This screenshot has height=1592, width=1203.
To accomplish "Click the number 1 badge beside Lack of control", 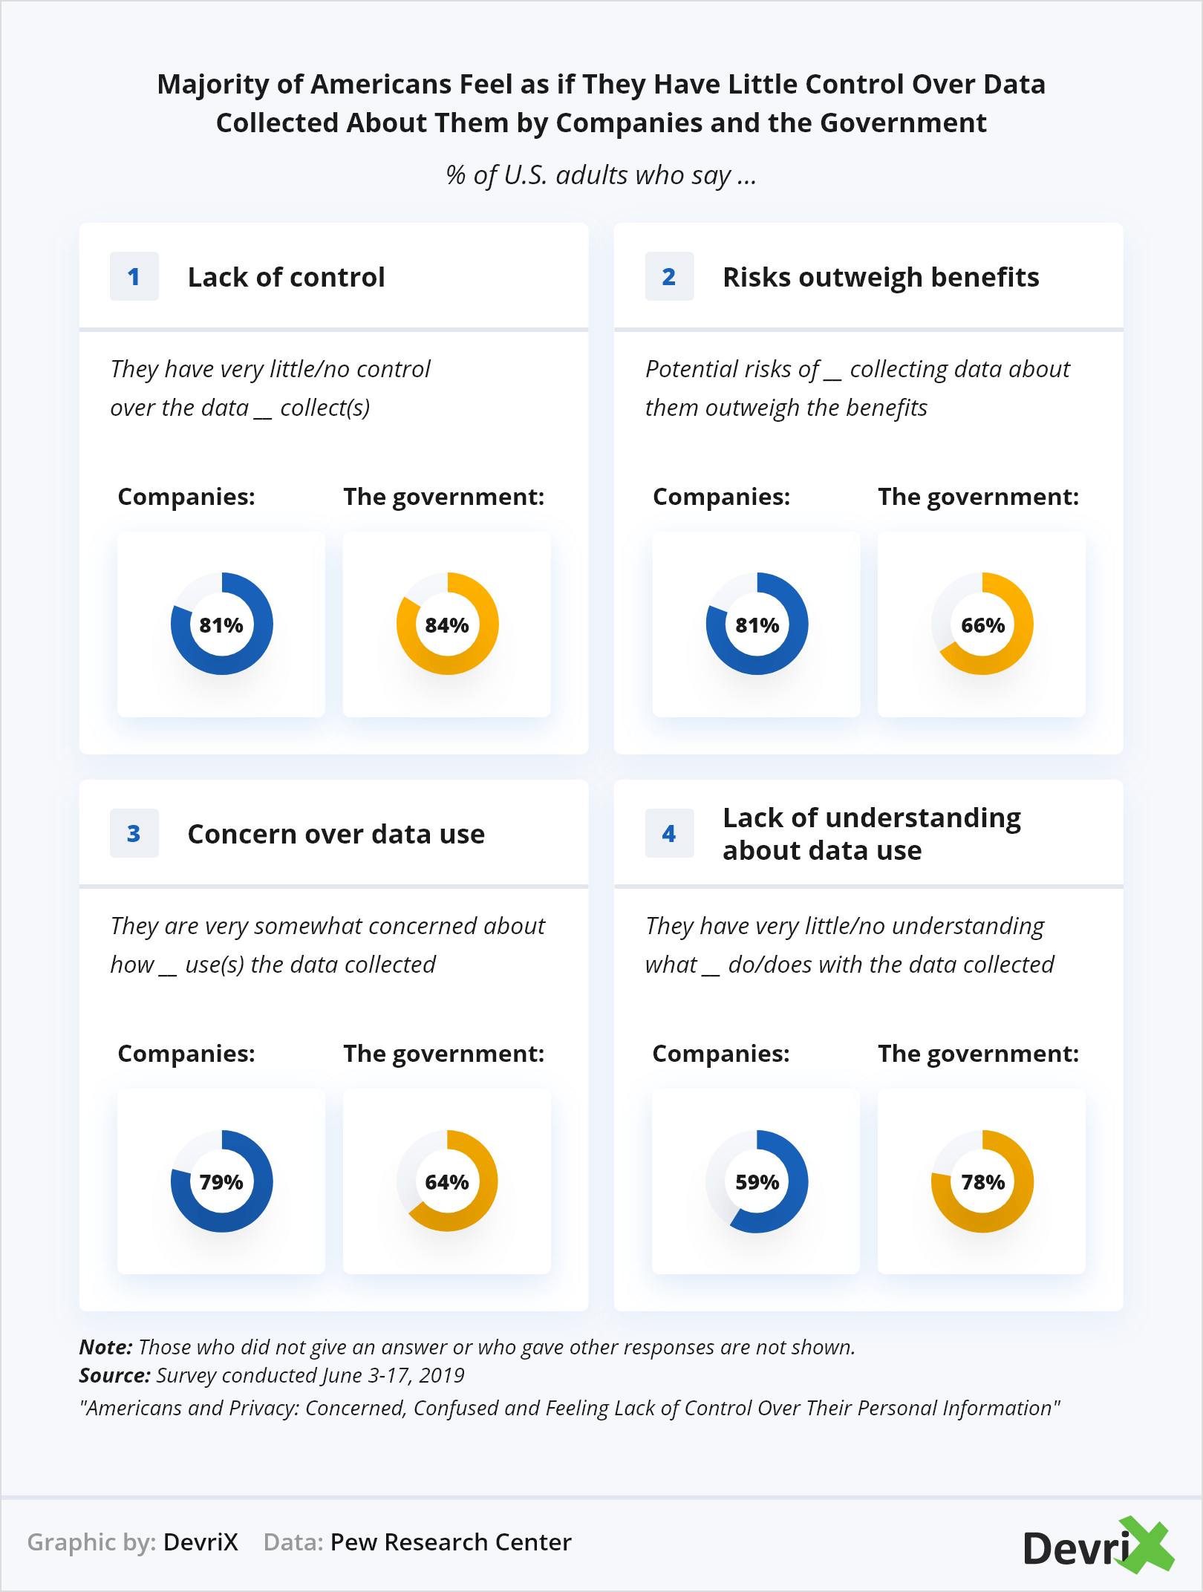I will point(134,277).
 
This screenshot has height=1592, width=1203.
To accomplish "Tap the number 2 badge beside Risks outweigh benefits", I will point(669,277).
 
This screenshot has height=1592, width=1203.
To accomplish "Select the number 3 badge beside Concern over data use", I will point(134,834).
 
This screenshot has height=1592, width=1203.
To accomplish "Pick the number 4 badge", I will point(669,834).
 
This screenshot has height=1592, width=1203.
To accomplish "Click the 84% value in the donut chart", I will point(447,625).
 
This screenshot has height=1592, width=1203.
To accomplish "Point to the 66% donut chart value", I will point(982,625).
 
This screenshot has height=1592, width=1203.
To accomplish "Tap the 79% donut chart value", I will point(221,1182).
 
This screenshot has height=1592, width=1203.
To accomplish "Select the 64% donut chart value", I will point(447,1182).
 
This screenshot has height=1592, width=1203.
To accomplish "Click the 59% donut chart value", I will point(757,1182).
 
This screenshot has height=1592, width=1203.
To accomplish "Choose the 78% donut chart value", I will point(982,1182).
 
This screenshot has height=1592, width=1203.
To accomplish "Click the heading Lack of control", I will point(286,277).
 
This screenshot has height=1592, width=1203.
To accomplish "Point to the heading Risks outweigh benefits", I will point(881,277).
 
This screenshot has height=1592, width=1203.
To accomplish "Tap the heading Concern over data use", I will point(336,834).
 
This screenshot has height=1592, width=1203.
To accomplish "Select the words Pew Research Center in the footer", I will point(451,1542).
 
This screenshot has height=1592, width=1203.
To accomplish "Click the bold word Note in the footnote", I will point(105,1347).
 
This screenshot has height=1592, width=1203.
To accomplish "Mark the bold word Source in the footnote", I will point(114,1375).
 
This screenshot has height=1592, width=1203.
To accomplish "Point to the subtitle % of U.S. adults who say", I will point(601,175).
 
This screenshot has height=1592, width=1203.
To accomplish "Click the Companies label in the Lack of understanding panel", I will point(721,1054).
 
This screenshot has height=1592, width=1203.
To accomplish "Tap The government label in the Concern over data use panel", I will point(443,1054).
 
